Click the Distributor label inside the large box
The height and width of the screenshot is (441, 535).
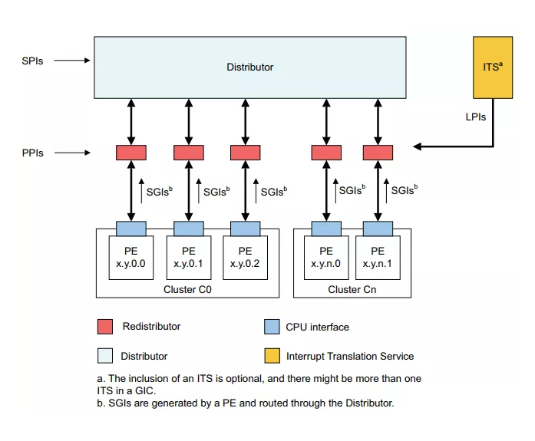249,67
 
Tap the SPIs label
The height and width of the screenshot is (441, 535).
32,61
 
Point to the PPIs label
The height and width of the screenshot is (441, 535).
32,153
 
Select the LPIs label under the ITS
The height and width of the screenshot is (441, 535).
475,117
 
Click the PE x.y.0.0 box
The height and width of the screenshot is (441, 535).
132,257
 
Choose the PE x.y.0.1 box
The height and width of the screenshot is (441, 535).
189,257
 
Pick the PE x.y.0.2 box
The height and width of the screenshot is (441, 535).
245,257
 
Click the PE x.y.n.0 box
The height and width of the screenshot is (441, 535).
326,257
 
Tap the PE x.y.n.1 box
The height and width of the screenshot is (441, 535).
378,257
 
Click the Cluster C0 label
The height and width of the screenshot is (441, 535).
188,289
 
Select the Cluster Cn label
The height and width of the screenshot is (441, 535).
352,289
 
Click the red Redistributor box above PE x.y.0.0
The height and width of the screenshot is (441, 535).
131,153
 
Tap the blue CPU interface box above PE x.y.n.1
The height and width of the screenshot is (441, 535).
378,228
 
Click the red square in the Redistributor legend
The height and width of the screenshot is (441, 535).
105,327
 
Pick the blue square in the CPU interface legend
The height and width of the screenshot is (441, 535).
271,327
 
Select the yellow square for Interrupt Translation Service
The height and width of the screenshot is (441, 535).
271,356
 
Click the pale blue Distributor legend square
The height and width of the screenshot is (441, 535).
105,356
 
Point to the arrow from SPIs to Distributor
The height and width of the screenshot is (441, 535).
74,61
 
